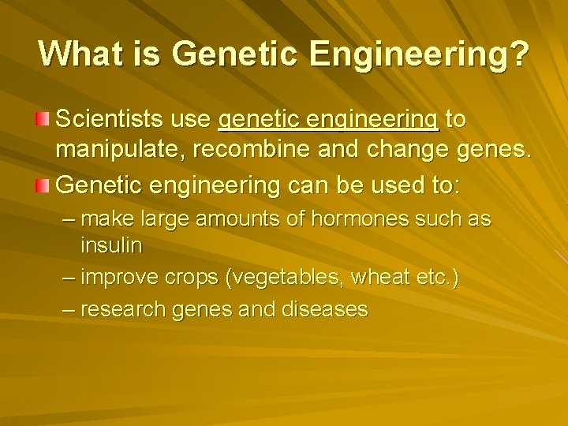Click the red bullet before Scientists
pyautogui.click(x=43, y=119)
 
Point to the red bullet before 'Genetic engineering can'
pyautogui.click(x=43, y=185)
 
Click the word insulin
pyautogui.click(x=111, y=245)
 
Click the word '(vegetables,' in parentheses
pyautogui.click(x=282, y=278)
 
